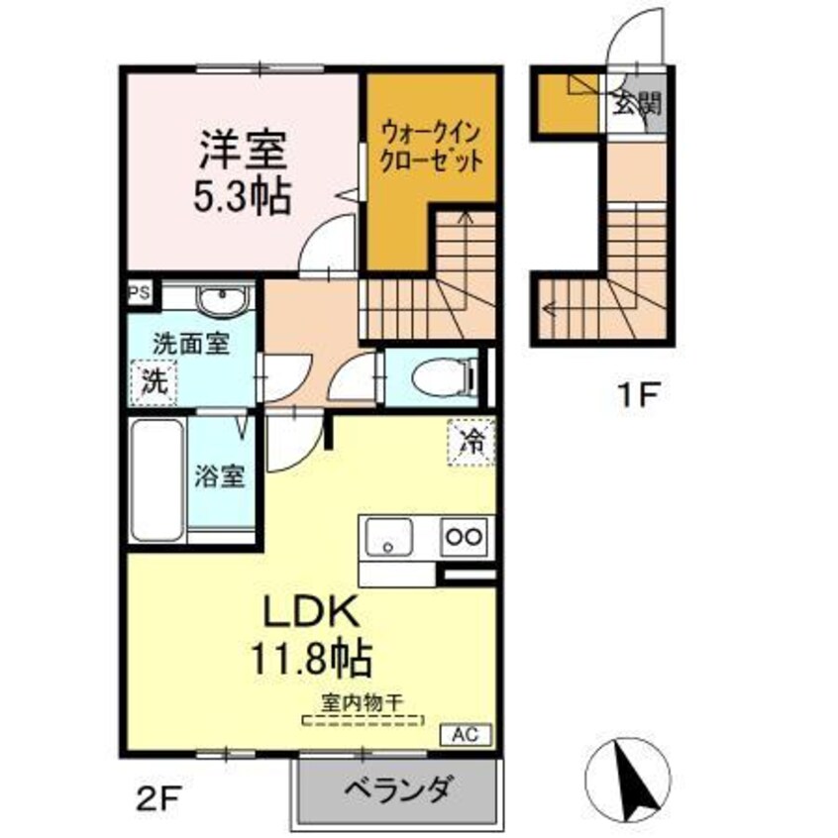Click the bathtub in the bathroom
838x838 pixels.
[x=156, y=477]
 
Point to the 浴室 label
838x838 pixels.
[x=219, y=476]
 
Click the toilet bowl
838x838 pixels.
[x=435, y=377]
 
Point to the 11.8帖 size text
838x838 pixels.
[x=309, y=658]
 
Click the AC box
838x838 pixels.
[x=465, y=735]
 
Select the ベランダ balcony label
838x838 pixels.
[x=399, y=790]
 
